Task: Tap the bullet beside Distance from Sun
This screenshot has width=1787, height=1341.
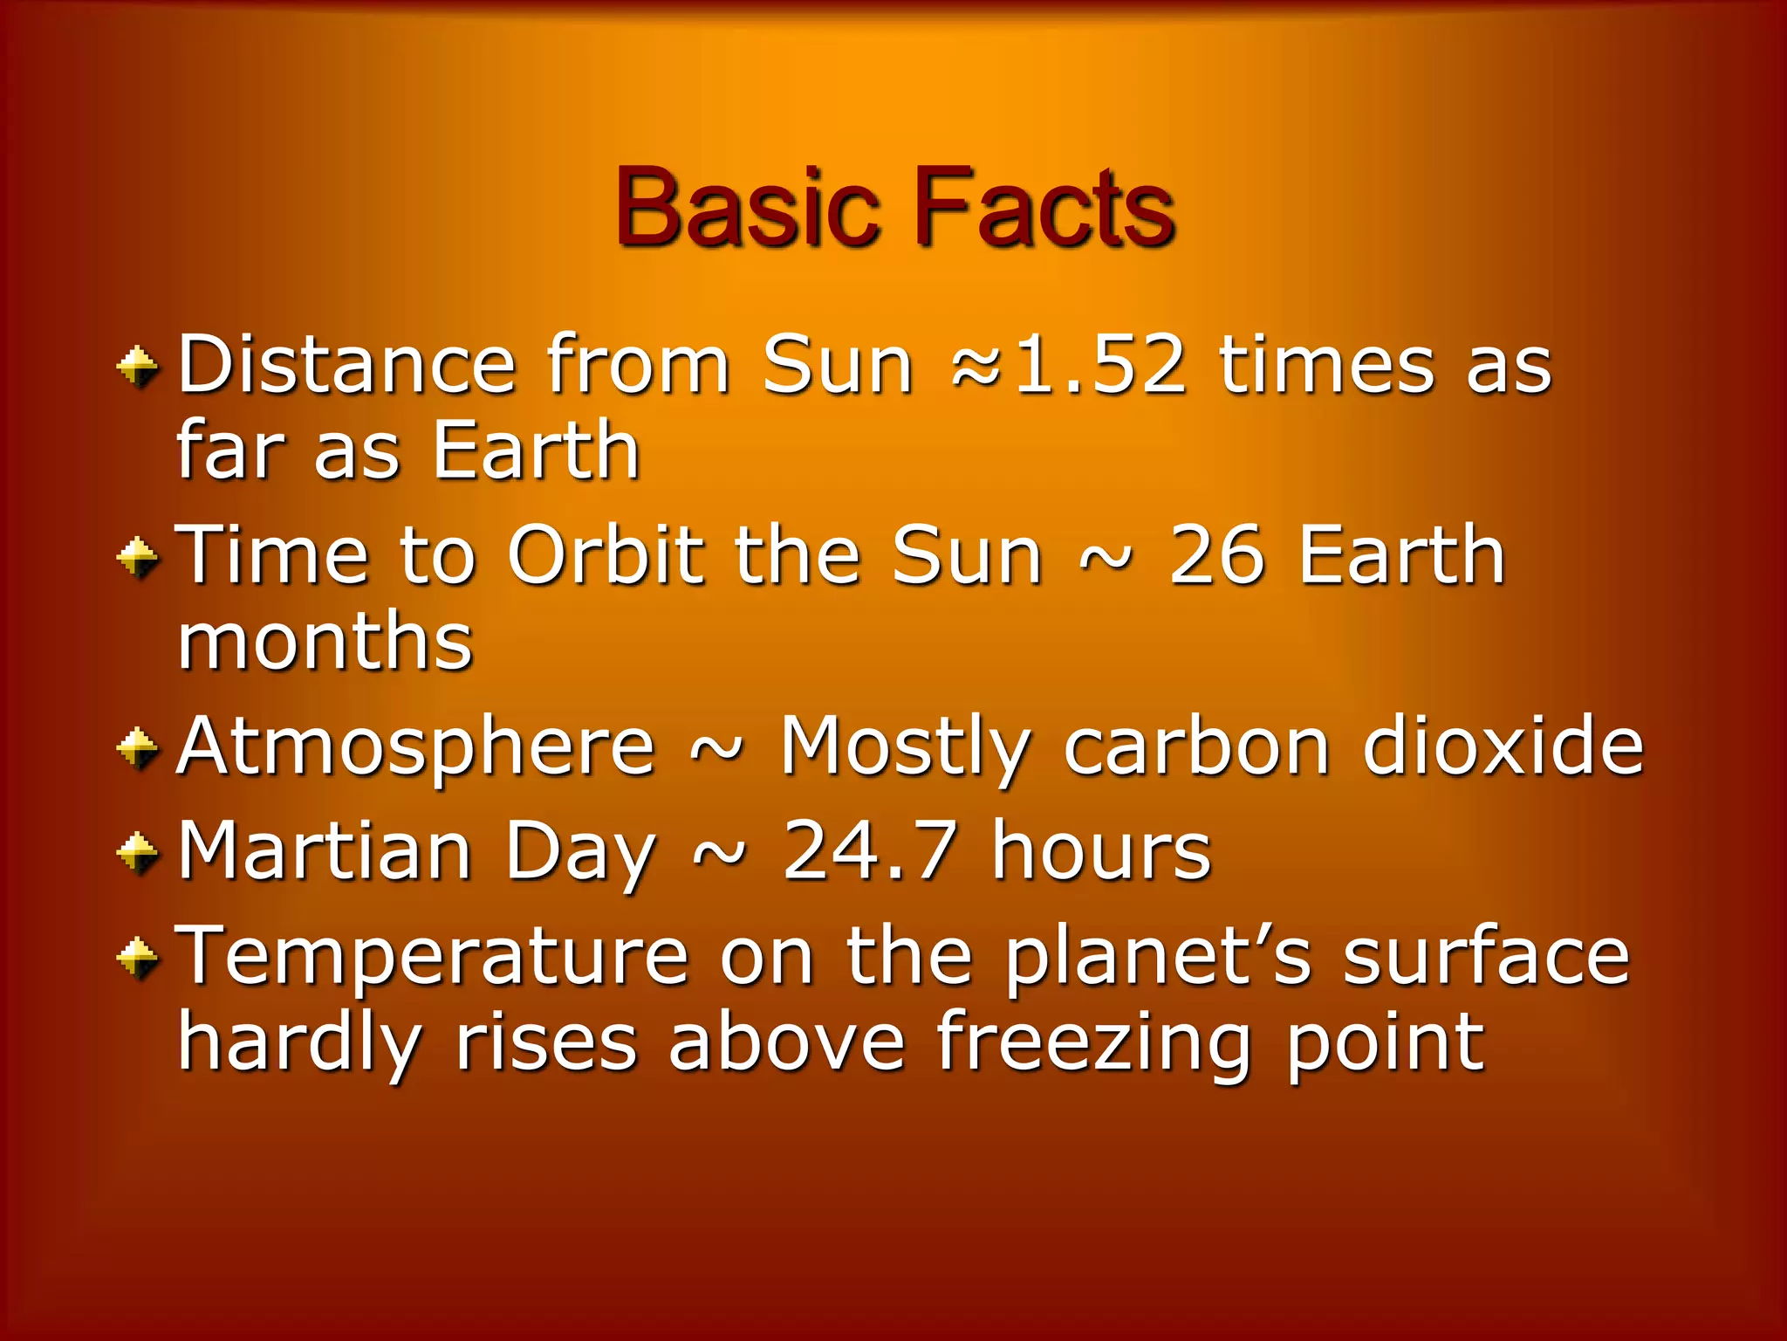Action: (x=137, y=366)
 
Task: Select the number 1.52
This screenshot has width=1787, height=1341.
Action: (x=1099, y=365)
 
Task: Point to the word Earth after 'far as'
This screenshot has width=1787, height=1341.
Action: (x=537, y=451)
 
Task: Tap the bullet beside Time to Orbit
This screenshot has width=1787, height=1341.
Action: (x=137, y=557)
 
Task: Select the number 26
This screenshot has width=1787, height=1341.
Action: (x=1215, y=555)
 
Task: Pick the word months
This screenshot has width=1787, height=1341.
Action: (x=325, y=642)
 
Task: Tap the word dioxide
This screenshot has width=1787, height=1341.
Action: (x=1503, y=746)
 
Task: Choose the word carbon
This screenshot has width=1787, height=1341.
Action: (x=1196, y=746)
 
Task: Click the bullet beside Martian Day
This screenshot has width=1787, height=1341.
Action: (x=137, y=852)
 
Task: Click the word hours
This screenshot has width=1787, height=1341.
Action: (x=1101, y=850)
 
